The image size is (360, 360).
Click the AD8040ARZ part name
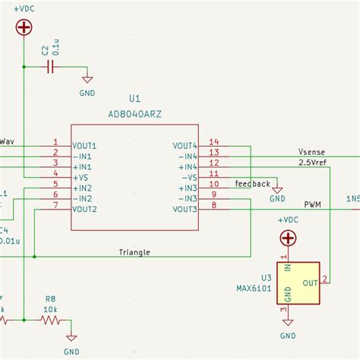[135, 113]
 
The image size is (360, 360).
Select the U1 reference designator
[135, 99]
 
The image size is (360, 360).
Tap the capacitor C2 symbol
[51, 68]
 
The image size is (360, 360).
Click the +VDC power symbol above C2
[24, 27]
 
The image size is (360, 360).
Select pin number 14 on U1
[213, 142]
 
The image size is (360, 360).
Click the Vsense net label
[311, 152]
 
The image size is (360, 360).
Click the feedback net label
[252, 184]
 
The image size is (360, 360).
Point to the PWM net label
[312, 205]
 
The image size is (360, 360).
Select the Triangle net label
[134, 252]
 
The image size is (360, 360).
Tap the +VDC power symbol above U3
[288, 238]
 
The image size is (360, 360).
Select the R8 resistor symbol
[50, 321]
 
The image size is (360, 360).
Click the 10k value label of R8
[50, 309]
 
